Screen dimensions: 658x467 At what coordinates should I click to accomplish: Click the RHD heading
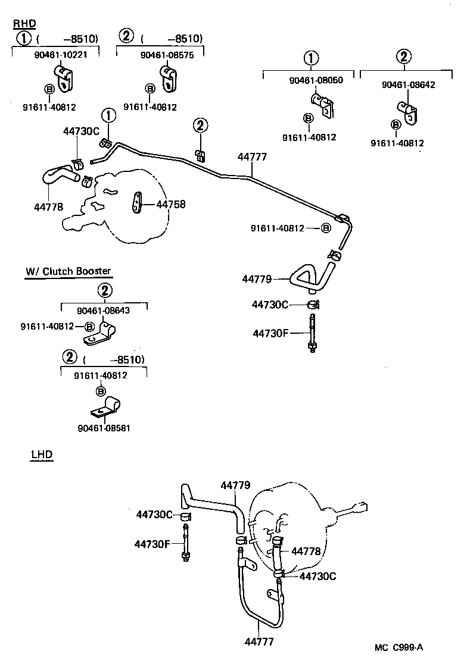(x=24, y=24)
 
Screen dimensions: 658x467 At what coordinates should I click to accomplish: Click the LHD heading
(x=42, y=455)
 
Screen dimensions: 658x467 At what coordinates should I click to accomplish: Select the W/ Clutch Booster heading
(x=68, y=271)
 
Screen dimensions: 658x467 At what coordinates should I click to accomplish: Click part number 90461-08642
(x=409, y=84)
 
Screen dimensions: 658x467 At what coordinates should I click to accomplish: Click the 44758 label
(x=171, y=204)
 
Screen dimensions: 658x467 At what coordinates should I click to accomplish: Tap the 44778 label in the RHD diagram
(x=48, y=207)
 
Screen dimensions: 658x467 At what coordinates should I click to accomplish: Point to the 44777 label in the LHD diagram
(x=259, y=642)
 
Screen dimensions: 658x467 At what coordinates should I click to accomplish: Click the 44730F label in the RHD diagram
(x=270, y=333)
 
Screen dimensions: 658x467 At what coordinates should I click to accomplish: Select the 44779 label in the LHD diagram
(x=236, y=485)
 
